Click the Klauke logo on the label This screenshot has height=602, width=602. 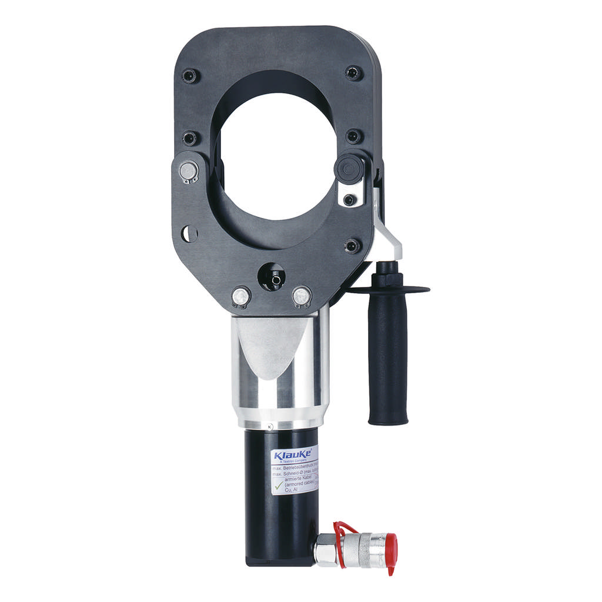tap(290, 456)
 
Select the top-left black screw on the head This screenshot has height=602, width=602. tap(190, 75)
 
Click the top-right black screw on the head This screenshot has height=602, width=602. tap(353, 73)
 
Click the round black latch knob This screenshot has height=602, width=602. tap(347, 167)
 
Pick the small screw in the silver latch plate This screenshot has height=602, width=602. tap(349, 199)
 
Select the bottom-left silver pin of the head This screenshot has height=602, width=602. tap(240, 296)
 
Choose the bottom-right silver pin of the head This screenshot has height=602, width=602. tap(301, 295)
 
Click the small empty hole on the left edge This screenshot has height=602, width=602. tap(189, 233)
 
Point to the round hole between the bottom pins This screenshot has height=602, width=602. tap(272, 277)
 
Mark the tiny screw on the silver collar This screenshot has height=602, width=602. tap(269, 427)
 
